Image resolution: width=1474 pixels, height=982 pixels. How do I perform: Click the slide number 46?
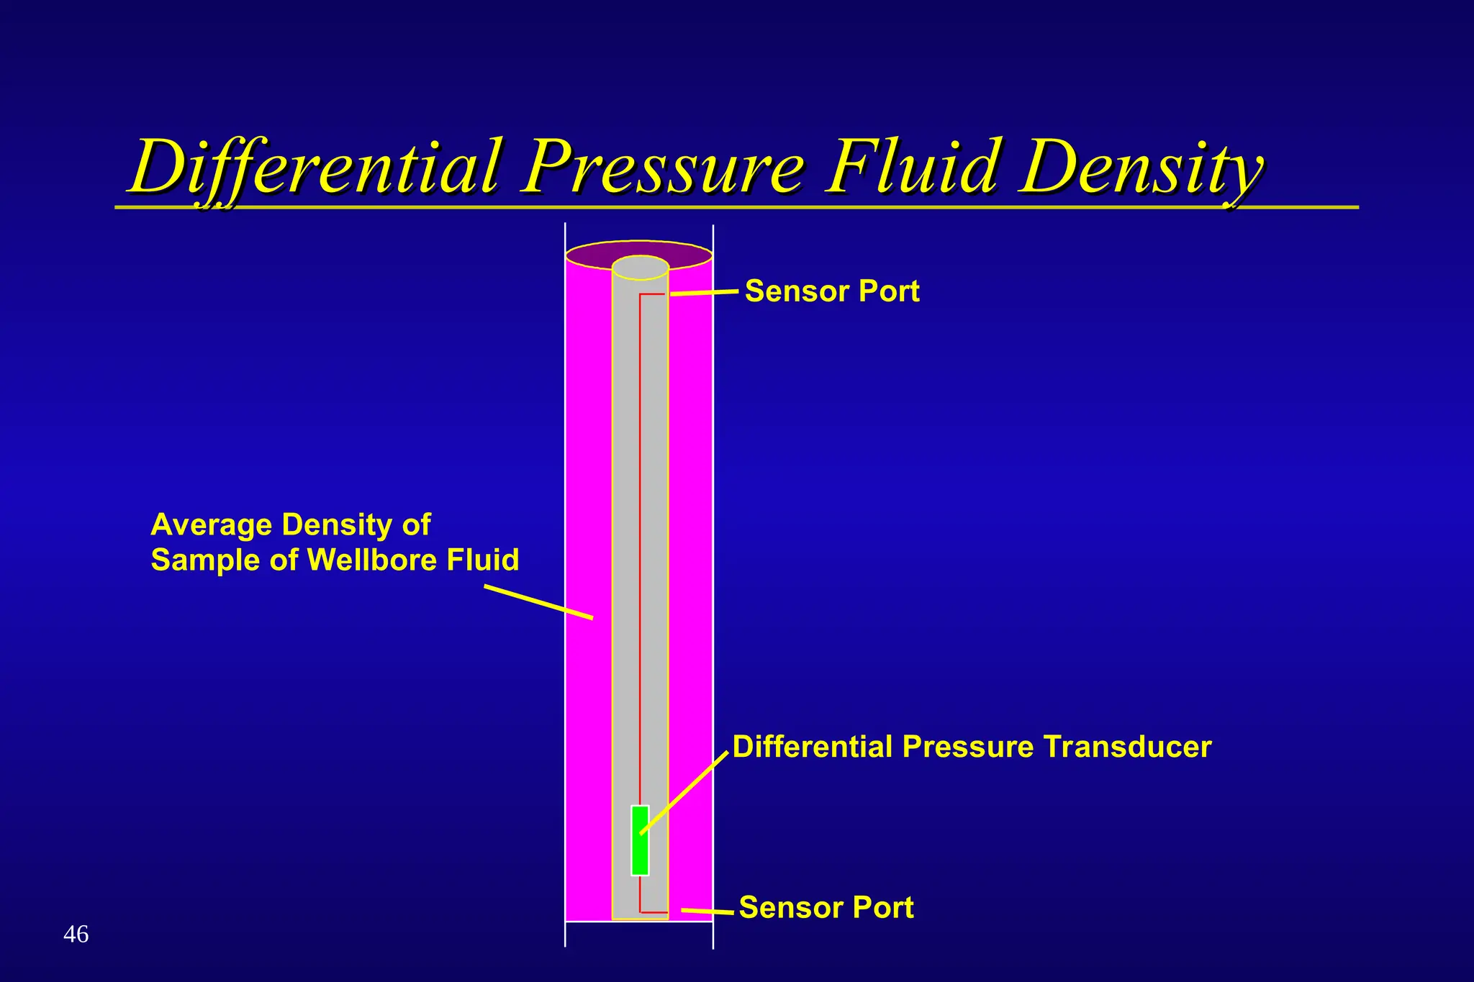pos(76,935)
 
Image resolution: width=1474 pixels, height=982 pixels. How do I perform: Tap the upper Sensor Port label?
pos(832,291)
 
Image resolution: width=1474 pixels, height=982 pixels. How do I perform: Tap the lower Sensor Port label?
pos(826,908)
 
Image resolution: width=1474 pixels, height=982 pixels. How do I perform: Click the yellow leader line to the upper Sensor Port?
pos(704,293)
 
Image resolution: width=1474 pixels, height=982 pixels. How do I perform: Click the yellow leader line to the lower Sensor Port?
pos(707,911)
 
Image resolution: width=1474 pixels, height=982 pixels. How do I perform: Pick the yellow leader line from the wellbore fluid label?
pos(538,602)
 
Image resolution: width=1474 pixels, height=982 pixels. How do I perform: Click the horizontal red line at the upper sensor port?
pos(652,294)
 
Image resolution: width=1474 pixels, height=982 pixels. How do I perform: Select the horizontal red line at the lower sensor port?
pos(654,912)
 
